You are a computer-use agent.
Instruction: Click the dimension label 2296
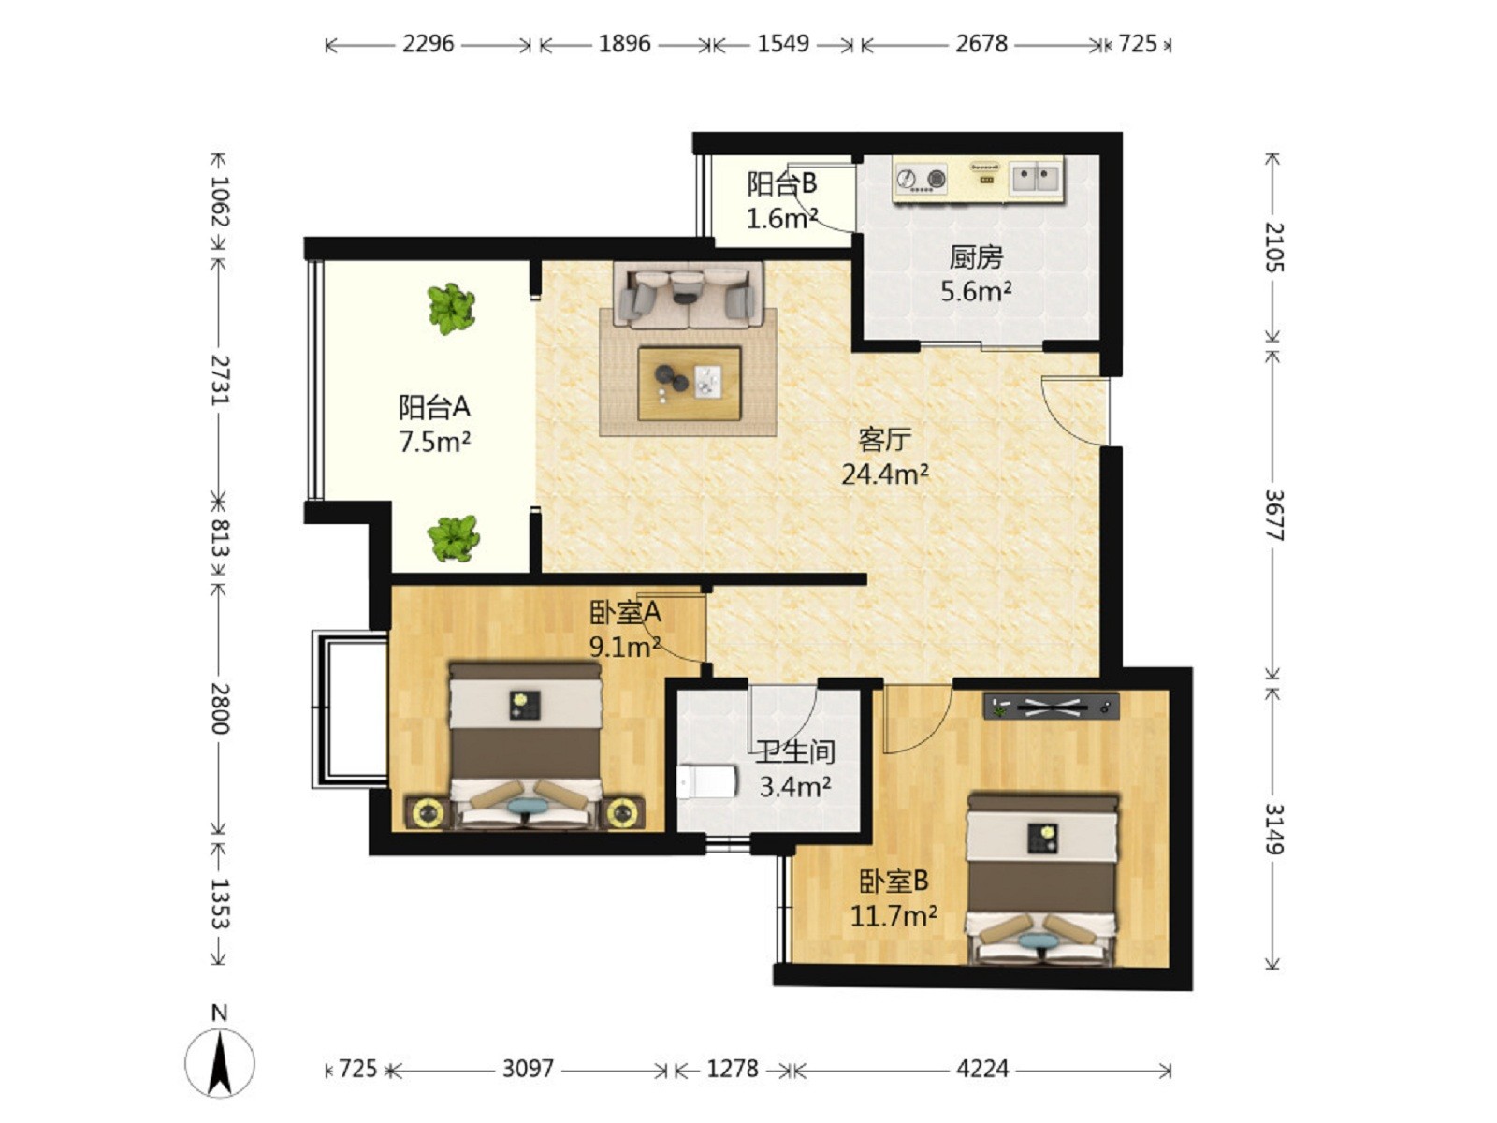point(428,44)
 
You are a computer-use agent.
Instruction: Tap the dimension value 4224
point(982,1069)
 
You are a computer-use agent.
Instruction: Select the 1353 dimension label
point(219,903)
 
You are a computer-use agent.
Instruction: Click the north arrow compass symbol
point(220,1061)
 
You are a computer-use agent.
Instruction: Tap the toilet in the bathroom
point(707,781)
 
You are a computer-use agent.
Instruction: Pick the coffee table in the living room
point(689,383)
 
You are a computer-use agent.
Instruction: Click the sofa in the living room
point(688,296)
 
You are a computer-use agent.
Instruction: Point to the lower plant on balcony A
point(454,538)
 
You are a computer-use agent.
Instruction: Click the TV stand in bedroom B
point(1051,707)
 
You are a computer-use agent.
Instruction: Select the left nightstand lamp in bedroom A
point(428,812)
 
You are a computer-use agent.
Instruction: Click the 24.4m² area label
point(884,474)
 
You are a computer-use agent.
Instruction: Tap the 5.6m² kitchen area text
point(976,292)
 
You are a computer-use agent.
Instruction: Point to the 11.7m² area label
point(893,916)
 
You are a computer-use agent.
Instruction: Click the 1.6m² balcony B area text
point(781,219)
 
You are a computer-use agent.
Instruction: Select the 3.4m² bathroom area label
point(795,787)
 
